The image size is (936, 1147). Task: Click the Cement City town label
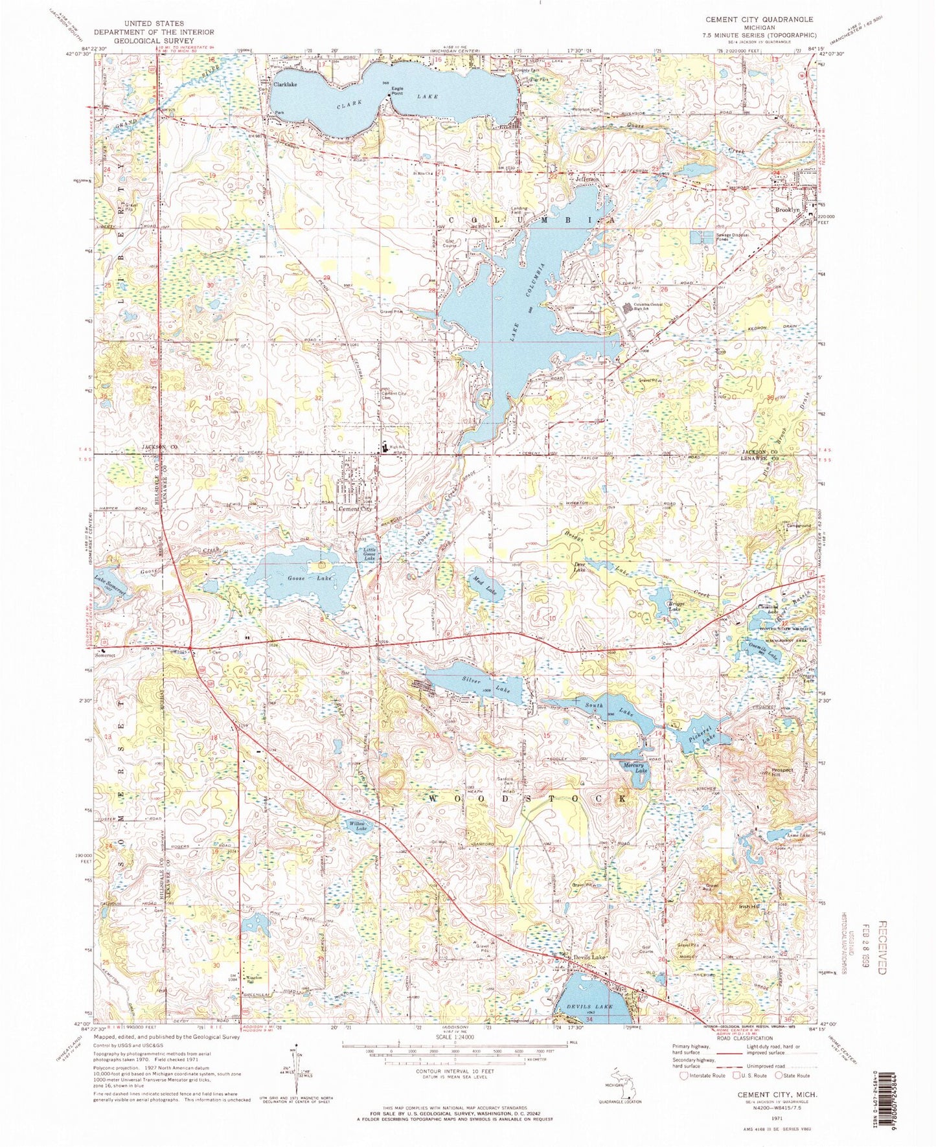coord(356,509)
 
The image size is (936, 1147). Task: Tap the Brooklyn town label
coord(788,210)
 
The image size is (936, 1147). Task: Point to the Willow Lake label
coord(358,826)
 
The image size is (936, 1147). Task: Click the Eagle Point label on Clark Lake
coord(396,91)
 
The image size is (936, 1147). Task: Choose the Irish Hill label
coord(749,907)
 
